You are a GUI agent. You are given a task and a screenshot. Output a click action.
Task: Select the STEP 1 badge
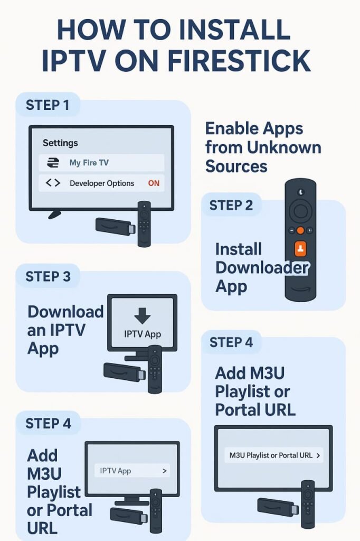[x=48, y=105]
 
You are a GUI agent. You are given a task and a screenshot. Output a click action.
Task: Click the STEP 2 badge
[x=231, y=205]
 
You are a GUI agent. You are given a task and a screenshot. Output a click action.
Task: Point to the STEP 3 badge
[x=48, y=276]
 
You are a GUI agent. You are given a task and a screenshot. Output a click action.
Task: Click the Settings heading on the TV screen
[x=60, y=143]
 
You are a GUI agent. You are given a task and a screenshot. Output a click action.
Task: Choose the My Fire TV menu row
[x=101, y=163]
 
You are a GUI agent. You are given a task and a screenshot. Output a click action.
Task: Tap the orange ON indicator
[x=154, y=183]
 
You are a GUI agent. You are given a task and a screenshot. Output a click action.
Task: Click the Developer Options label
[x=102, y=183]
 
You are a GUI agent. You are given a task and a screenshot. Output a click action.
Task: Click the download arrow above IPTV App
[x=143, y=316]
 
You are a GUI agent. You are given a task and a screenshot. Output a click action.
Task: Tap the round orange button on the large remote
[x=300, y=231]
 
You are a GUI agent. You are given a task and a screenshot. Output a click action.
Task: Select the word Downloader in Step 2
[x=262, y=267]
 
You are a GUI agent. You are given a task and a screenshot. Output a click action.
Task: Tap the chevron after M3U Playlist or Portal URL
[x=319, y=455]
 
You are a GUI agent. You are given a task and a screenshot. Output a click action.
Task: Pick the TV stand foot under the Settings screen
[x=54, y=214]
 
